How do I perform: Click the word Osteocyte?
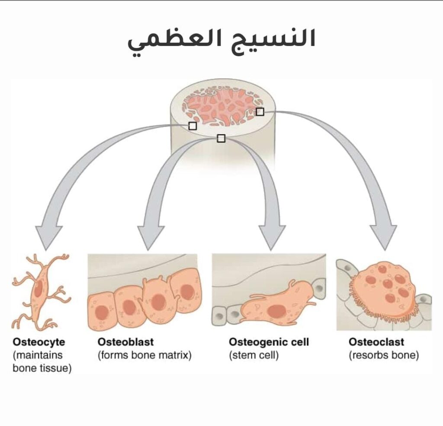(39, 342)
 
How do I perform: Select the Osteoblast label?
(125, 342)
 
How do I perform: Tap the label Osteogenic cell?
(269, 342)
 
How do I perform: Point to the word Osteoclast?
(376, 342)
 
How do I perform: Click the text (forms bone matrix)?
(144, 356)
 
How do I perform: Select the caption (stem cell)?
(254, 356)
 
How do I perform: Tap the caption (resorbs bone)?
(384, 356)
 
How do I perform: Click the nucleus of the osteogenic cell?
(276, 310)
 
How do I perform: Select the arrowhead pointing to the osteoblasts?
(149, 238)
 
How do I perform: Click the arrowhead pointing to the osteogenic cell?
(271, 238)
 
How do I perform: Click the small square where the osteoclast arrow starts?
(260, 112)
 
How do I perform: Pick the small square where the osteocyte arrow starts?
(193, 126)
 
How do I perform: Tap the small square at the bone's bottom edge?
(221, 138)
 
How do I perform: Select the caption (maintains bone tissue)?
(42, 362)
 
